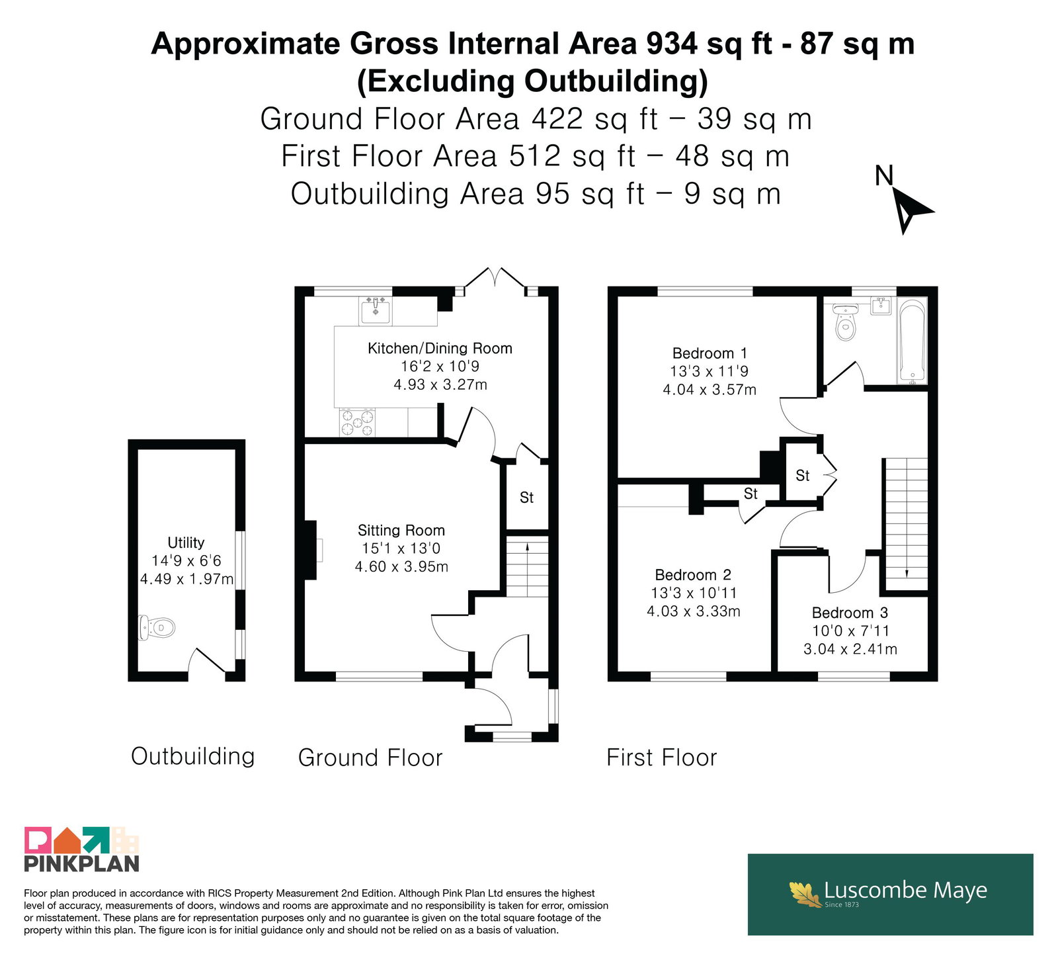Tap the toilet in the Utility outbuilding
coord(157,627)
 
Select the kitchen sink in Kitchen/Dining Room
coord(375,310)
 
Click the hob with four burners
coord(357,422)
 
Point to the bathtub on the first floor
coord(913,341)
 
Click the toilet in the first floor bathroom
coord(845,321)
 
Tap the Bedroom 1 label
coord(710,353)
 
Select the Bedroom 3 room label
coord(850,613)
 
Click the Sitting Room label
coord(401,530)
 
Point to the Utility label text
coord(186,543)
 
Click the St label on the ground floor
coord(526,497)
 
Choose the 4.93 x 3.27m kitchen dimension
coord(440,384)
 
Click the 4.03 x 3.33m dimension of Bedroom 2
coord(694,611)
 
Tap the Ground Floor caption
coord(370,758)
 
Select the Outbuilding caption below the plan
coord(193,756)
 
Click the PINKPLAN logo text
coord(81,863)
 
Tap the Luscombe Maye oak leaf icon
coord(805,894)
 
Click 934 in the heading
coord(672,44)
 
